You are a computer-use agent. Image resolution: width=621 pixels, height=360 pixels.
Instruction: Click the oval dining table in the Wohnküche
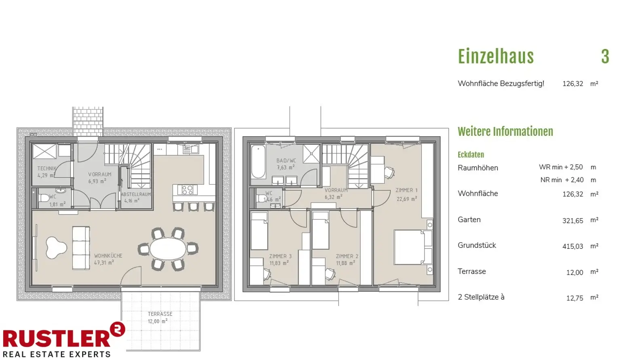(x=168, y=248)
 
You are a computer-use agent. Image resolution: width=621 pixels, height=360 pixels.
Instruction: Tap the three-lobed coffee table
(x=56, y=247)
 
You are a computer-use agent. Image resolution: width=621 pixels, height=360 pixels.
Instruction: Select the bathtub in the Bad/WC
(x=258, y=162)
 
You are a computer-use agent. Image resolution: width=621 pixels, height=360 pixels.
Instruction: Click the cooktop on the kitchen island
(x=187, y=190)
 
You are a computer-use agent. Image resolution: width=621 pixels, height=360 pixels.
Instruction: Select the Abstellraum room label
(x=136, y=194)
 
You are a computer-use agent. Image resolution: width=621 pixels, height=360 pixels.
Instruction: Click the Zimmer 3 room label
(x=280, y=256)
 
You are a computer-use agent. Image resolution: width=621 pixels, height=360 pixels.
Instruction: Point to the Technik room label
(x=47, y=168)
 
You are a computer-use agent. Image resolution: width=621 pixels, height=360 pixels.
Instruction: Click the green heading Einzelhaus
(x=496, y=57)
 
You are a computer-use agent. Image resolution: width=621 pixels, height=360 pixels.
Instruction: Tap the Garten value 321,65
(x=573, y=221)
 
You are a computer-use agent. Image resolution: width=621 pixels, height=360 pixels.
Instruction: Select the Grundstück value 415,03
(x=573, y=246)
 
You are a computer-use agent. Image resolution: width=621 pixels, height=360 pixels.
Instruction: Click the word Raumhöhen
(x=478, y=168)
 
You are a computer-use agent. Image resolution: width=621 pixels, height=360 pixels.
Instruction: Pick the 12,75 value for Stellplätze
(x=575, y=298)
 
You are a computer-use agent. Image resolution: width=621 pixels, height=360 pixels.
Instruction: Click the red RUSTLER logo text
(x=57, y=338)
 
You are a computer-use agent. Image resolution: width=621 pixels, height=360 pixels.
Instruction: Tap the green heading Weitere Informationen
(x=505, y=132)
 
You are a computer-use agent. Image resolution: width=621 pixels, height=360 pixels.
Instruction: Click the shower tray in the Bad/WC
(x=311, y=154)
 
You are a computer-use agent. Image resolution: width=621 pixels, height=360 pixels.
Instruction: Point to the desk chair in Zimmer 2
(x=330, y=274)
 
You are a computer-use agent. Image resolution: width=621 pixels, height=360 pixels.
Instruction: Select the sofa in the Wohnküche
(x=81, y=248)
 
